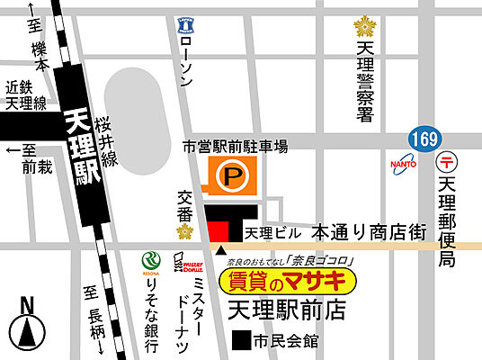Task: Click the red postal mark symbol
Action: click(x=447, y=162)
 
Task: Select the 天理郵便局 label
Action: click(x=448, y=220)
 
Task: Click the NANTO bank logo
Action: click(x=402, y=164)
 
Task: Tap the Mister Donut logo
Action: click(x=193, y=265)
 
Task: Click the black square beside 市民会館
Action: click(x=240, y=341)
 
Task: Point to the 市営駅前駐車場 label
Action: click(x=235, y=146)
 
